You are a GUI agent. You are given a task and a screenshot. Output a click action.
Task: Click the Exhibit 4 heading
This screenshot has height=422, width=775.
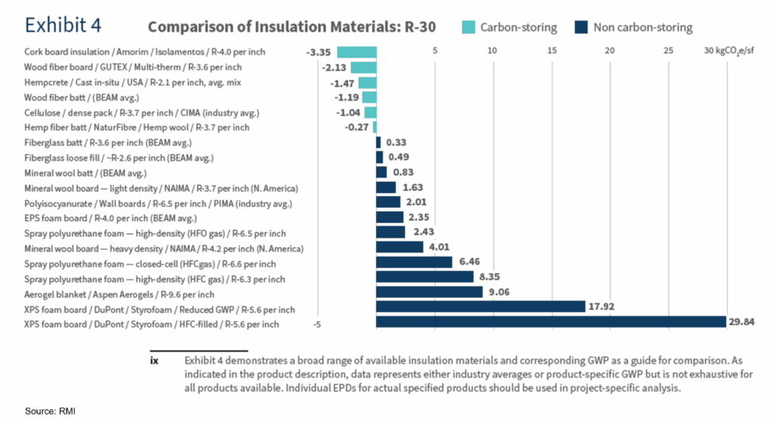click(x=64, y=25)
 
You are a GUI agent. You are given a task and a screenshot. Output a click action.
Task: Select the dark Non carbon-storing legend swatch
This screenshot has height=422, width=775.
click(x=580, y=27)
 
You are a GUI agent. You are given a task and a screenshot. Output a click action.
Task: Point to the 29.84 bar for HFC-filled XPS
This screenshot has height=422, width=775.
click(x=551, y=322)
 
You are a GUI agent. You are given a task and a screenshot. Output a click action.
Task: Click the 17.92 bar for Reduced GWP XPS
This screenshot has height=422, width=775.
click(x=481, y=307)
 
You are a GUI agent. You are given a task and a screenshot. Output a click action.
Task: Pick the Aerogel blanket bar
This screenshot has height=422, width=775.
click(x=429, y=292)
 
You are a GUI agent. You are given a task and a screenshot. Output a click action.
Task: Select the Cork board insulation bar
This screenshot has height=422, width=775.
click(x=356, y=52)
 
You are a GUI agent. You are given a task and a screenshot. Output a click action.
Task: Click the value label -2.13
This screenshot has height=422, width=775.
click(x=331, y=67)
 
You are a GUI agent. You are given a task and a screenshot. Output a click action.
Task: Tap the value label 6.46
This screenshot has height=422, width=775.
click(x=469, y=262)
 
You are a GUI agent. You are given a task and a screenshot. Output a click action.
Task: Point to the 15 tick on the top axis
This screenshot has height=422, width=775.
click(x=552, y=51)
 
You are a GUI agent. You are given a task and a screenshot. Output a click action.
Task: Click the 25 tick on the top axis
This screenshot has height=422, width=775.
click(x=668, y=51)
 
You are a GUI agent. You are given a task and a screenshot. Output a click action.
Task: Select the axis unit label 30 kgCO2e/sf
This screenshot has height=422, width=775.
click(x=729, y=51)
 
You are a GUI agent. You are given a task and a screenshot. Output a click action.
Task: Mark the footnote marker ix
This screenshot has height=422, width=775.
click(x=154, y=361)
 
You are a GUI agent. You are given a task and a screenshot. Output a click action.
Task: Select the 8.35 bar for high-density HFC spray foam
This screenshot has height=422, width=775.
click(x=425, y=277)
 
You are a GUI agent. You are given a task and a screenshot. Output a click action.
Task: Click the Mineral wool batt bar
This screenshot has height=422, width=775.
click(x=381, y=172)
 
